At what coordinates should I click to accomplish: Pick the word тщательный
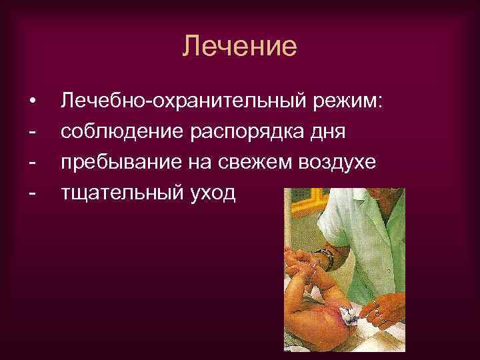click(122, 194)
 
